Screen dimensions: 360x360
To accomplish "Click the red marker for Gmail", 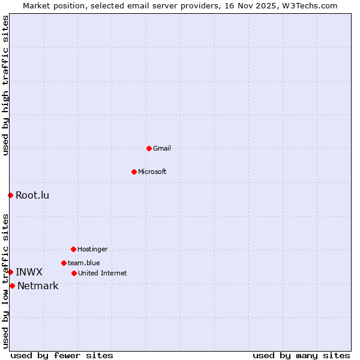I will [x=149, y=148].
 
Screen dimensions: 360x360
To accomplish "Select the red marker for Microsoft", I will [x=134, y=172].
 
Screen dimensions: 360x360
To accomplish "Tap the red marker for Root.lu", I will [x=10, y=195].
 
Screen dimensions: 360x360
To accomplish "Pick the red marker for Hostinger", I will [x=73, y=249].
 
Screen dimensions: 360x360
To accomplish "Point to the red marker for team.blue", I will [x=64, y=263].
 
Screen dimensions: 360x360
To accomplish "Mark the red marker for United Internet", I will [x=74, y=273].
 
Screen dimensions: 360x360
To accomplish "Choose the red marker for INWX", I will [x=10, y=272].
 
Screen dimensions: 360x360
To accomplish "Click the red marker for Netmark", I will [x=12, y=286].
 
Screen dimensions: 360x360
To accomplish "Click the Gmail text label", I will [x=162, y=148].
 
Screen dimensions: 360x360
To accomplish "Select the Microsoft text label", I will [x=152, y=172].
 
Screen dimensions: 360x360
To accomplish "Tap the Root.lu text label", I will [x=32, y=195].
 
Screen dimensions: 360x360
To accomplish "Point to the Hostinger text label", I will [x=92, y=249].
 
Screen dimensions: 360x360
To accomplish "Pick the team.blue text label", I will [x=84, y=263].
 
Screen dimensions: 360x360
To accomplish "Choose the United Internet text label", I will [x=103, y=273].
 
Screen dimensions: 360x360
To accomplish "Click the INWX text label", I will [x=29, y=272].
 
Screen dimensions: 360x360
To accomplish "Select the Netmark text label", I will [x=38, y=286].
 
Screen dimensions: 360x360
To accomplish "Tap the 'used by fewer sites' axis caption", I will [x=62, y=355].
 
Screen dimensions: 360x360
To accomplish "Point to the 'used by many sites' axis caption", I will [x=301, y=355].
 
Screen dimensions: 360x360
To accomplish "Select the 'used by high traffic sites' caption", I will [x=5, y=85].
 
